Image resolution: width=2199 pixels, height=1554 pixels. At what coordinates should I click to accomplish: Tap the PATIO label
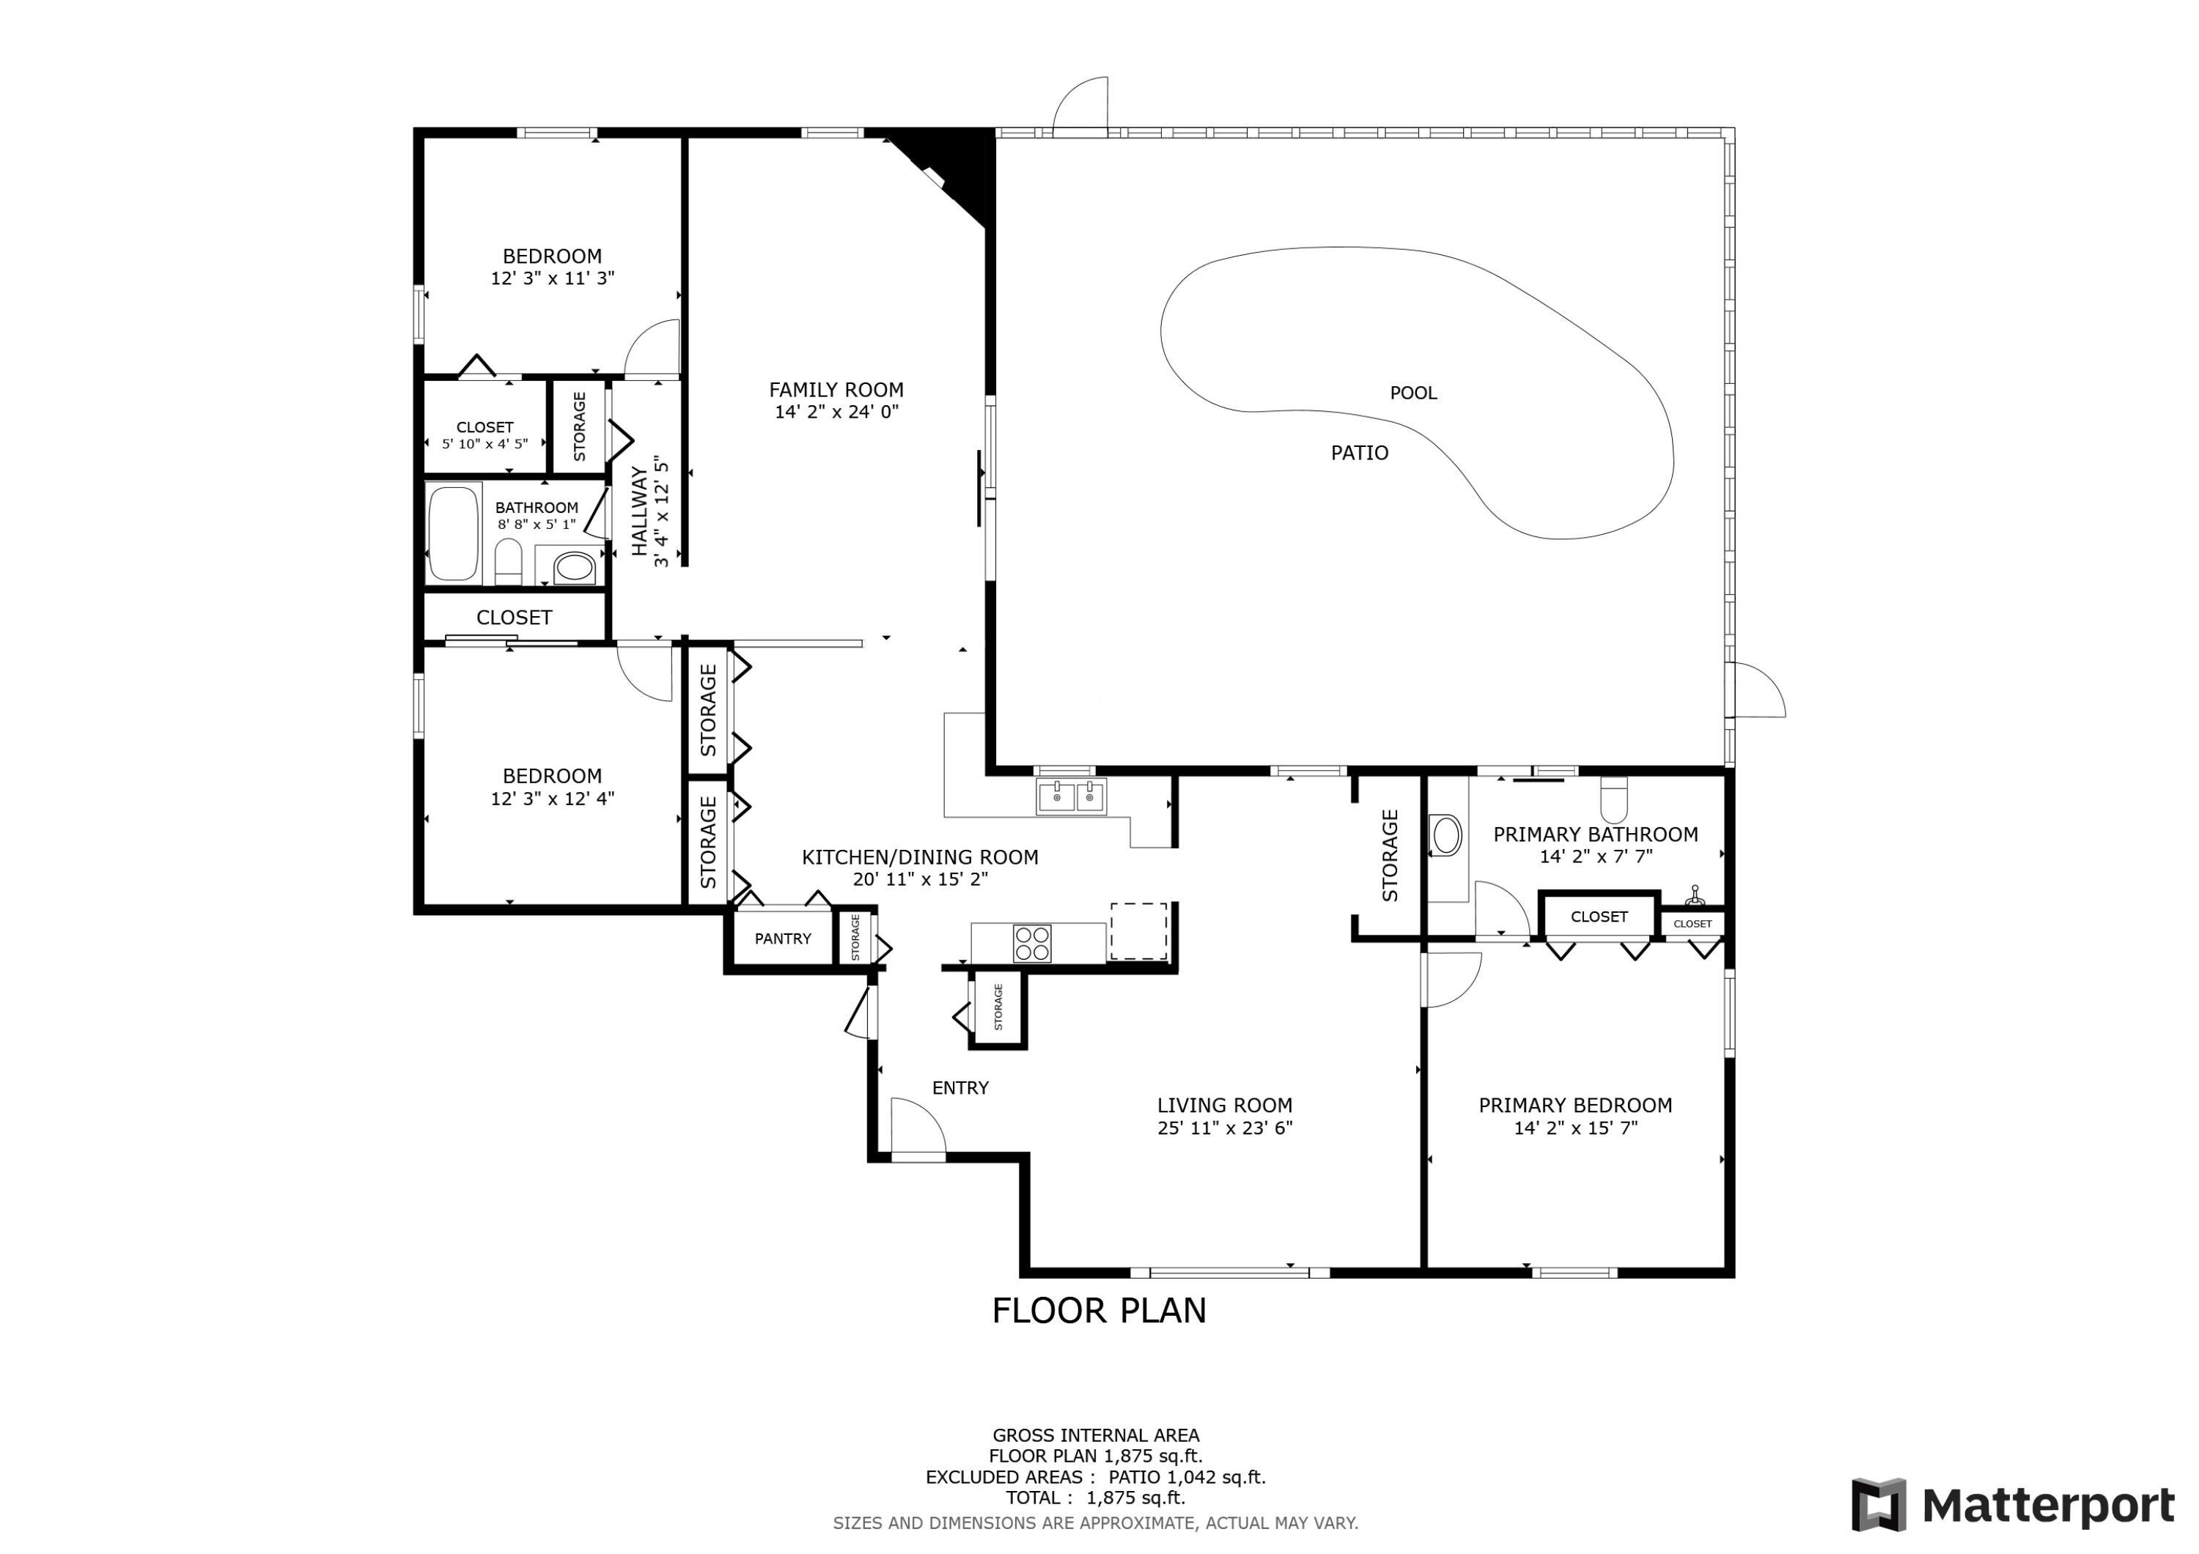coord(1359,453)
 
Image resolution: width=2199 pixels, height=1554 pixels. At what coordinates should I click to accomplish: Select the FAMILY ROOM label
coord(836,390)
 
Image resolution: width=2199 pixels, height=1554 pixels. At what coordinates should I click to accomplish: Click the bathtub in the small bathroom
coord(453,533)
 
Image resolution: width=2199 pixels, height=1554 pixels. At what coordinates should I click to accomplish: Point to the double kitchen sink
coord(1071,796)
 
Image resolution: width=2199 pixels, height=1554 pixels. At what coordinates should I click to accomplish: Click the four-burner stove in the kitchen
coord(1031,943)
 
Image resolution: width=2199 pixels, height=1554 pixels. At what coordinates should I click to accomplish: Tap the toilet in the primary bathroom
coord(1614,799)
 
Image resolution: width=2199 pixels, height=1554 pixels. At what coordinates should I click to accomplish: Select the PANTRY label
coord(783,939)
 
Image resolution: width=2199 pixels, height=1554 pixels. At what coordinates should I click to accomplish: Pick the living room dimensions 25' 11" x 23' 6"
coord(1224,1128)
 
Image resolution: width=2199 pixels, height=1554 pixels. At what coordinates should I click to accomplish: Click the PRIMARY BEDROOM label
coord(1575,1105)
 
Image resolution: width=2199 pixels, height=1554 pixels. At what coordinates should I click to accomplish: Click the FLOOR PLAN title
coord(1099,1310)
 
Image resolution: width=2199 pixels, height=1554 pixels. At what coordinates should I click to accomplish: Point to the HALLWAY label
coord(639,511)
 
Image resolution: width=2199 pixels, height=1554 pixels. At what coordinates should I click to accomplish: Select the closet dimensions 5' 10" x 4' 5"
coord(485,444)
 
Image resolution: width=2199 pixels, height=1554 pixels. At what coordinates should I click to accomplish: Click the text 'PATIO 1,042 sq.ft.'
coord(1187,1477)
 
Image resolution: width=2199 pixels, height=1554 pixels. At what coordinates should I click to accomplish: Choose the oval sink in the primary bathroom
coord(1445,835)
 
